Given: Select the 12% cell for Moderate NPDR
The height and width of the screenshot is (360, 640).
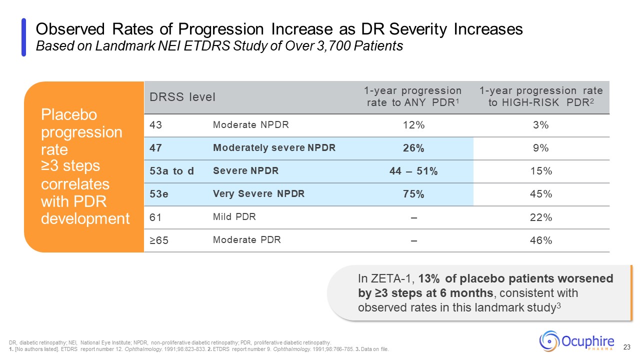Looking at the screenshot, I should pyautogui.click(x=414, y=125).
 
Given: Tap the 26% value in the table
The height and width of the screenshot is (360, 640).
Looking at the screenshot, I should pyautogui.click(x=414, y=148).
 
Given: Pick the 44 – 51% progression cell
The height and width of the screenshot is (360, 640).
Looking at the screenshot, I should pyautogui.click(x=414, y=171).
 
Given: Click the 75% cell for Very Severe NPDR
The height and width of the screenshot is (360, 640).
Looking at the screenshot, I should pyautogui.click(x=414, y=194).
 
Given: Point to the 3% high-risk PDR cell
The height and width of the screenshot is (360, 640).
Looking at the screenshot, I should pyautogui.click(x=541, y=125).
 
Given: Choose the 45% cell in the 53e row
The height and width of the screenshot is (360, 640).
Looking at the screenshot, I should pyautogui.click(x=541, y=194).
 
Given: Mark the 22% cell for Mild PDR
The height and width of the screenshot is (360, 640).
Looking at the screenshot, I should pyautogui.click(x=541, y=217).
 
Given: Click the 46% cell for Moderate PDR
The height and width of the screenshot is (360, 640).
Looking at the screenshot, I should pyautogui.click(x=541, y=240).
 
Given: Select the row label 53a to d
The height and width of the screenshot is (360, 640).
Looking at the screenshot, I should pyautogui.click(x=171, y=171).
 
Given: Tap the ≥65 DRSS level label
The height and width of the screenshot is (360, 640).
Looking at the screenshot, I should pyautogui.click(x=158, y=240).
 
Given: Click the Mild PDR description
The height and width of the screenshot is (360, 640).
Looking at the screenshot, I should pyautogui.click(x=234, y=217).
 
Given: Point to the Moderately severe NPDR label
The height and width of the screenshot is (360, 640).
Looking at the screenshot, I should pyautogui.click(x=274, y=148).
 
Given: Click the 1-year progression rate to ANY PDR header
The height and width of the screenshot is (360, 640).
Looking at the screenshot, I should pyautogui.click(x=413, y=97).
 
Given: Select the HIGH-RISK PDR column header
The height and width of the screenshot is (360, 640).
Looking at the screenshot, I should pyautogui.click(x=541, y=97).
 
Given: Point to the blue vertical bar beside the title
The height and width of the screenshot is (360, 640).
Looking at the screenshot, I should pyautogui.click(x=23, y=37).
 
